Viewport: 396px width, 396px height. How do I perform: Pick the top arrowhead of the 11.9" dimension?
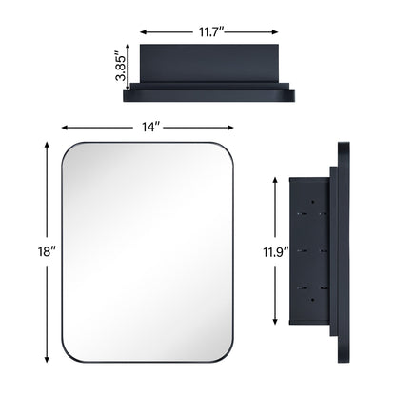pos(275,179)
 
